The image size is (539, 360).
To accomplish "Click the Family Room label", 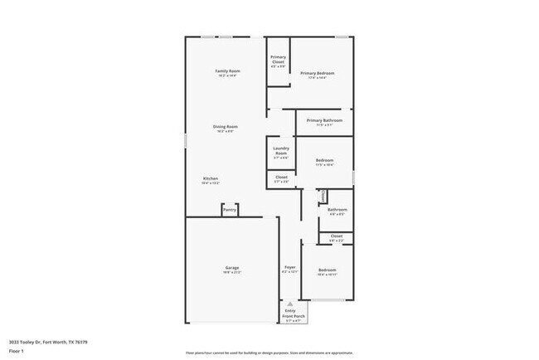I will click(x=226, y=72).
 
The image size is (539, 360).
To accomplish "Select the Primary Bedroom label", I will click(x=318, y=73).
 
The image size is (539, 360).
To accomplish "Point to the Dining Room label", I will click(x=226, y=127).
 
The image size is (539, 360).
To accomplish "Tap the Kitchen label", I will click(x=211, y=179).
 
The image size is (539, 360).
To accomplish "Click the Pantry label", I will click(x=230, y=210).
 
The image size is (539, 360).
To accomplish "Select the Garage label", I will click(x=231, y=267).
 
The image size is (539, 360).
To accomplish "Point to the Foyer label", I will click(x=290, y=267).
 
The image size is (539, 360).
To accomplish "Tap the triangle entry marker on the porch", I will click(x=290, y=304).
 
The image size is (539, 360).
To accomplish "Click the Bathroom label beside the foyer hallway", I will click(x=337, y=210).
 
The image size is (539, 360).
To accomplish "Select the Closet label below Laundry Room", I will click(x=281, y=177).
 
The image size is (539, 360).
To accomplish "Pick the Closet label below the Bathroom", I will click(x=336, y=236).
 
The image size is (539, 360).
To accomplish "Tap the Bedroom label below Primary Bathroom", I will click(x=324, y=160).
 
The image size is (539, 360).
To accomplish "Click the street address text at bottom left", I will click(x=48, y=341).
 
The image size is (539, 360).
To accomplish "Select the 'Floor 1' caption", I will click(x=17, y=351).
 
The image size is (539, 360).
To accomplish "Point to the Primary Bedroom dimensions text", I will click(x=318, y=79).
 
